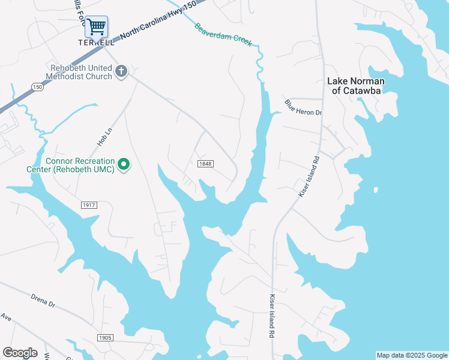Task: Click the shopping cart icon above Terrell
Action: click(96, 26)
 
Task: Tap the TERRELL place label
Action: click(96, 43)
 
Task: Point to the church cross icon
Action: click(121, 71)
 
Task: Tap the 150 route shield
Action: click(37, 87)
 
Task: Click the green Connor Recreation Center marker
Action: click(124, 164)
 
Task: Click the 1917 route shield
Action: click(89, 205)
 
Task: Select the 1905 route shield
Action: click(105, 338)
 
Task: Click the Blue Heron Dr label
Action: click(303, 108)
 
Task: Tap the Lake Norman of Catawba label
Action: click(355, 86)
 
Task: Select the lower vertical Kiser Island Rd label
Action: click(272, 316)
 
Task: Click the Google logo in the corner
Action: click(20, 352)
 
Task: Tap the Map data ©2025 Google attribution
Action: click(412, 355)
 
